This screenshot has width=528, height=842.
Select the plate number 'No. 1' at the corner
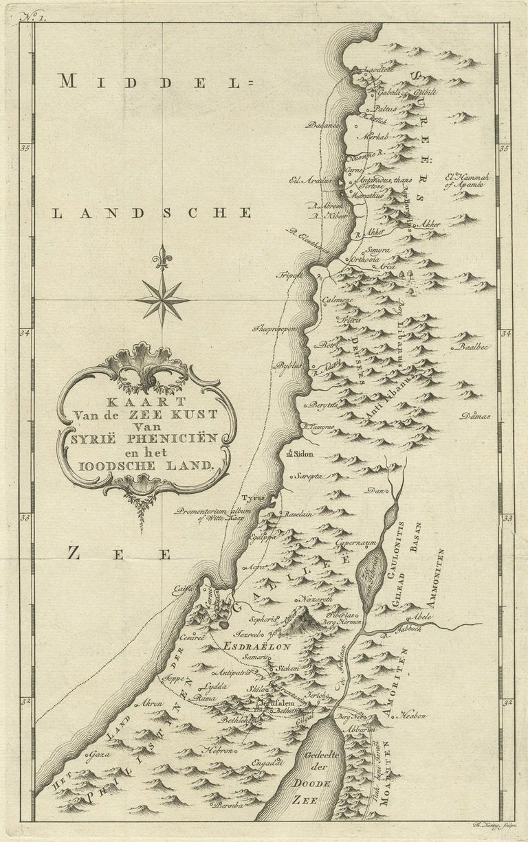pyautogui.click(x=32, y=19)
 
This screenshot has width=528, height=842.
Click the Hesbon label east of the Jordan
pyautogui.click(x=413, y=716)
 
